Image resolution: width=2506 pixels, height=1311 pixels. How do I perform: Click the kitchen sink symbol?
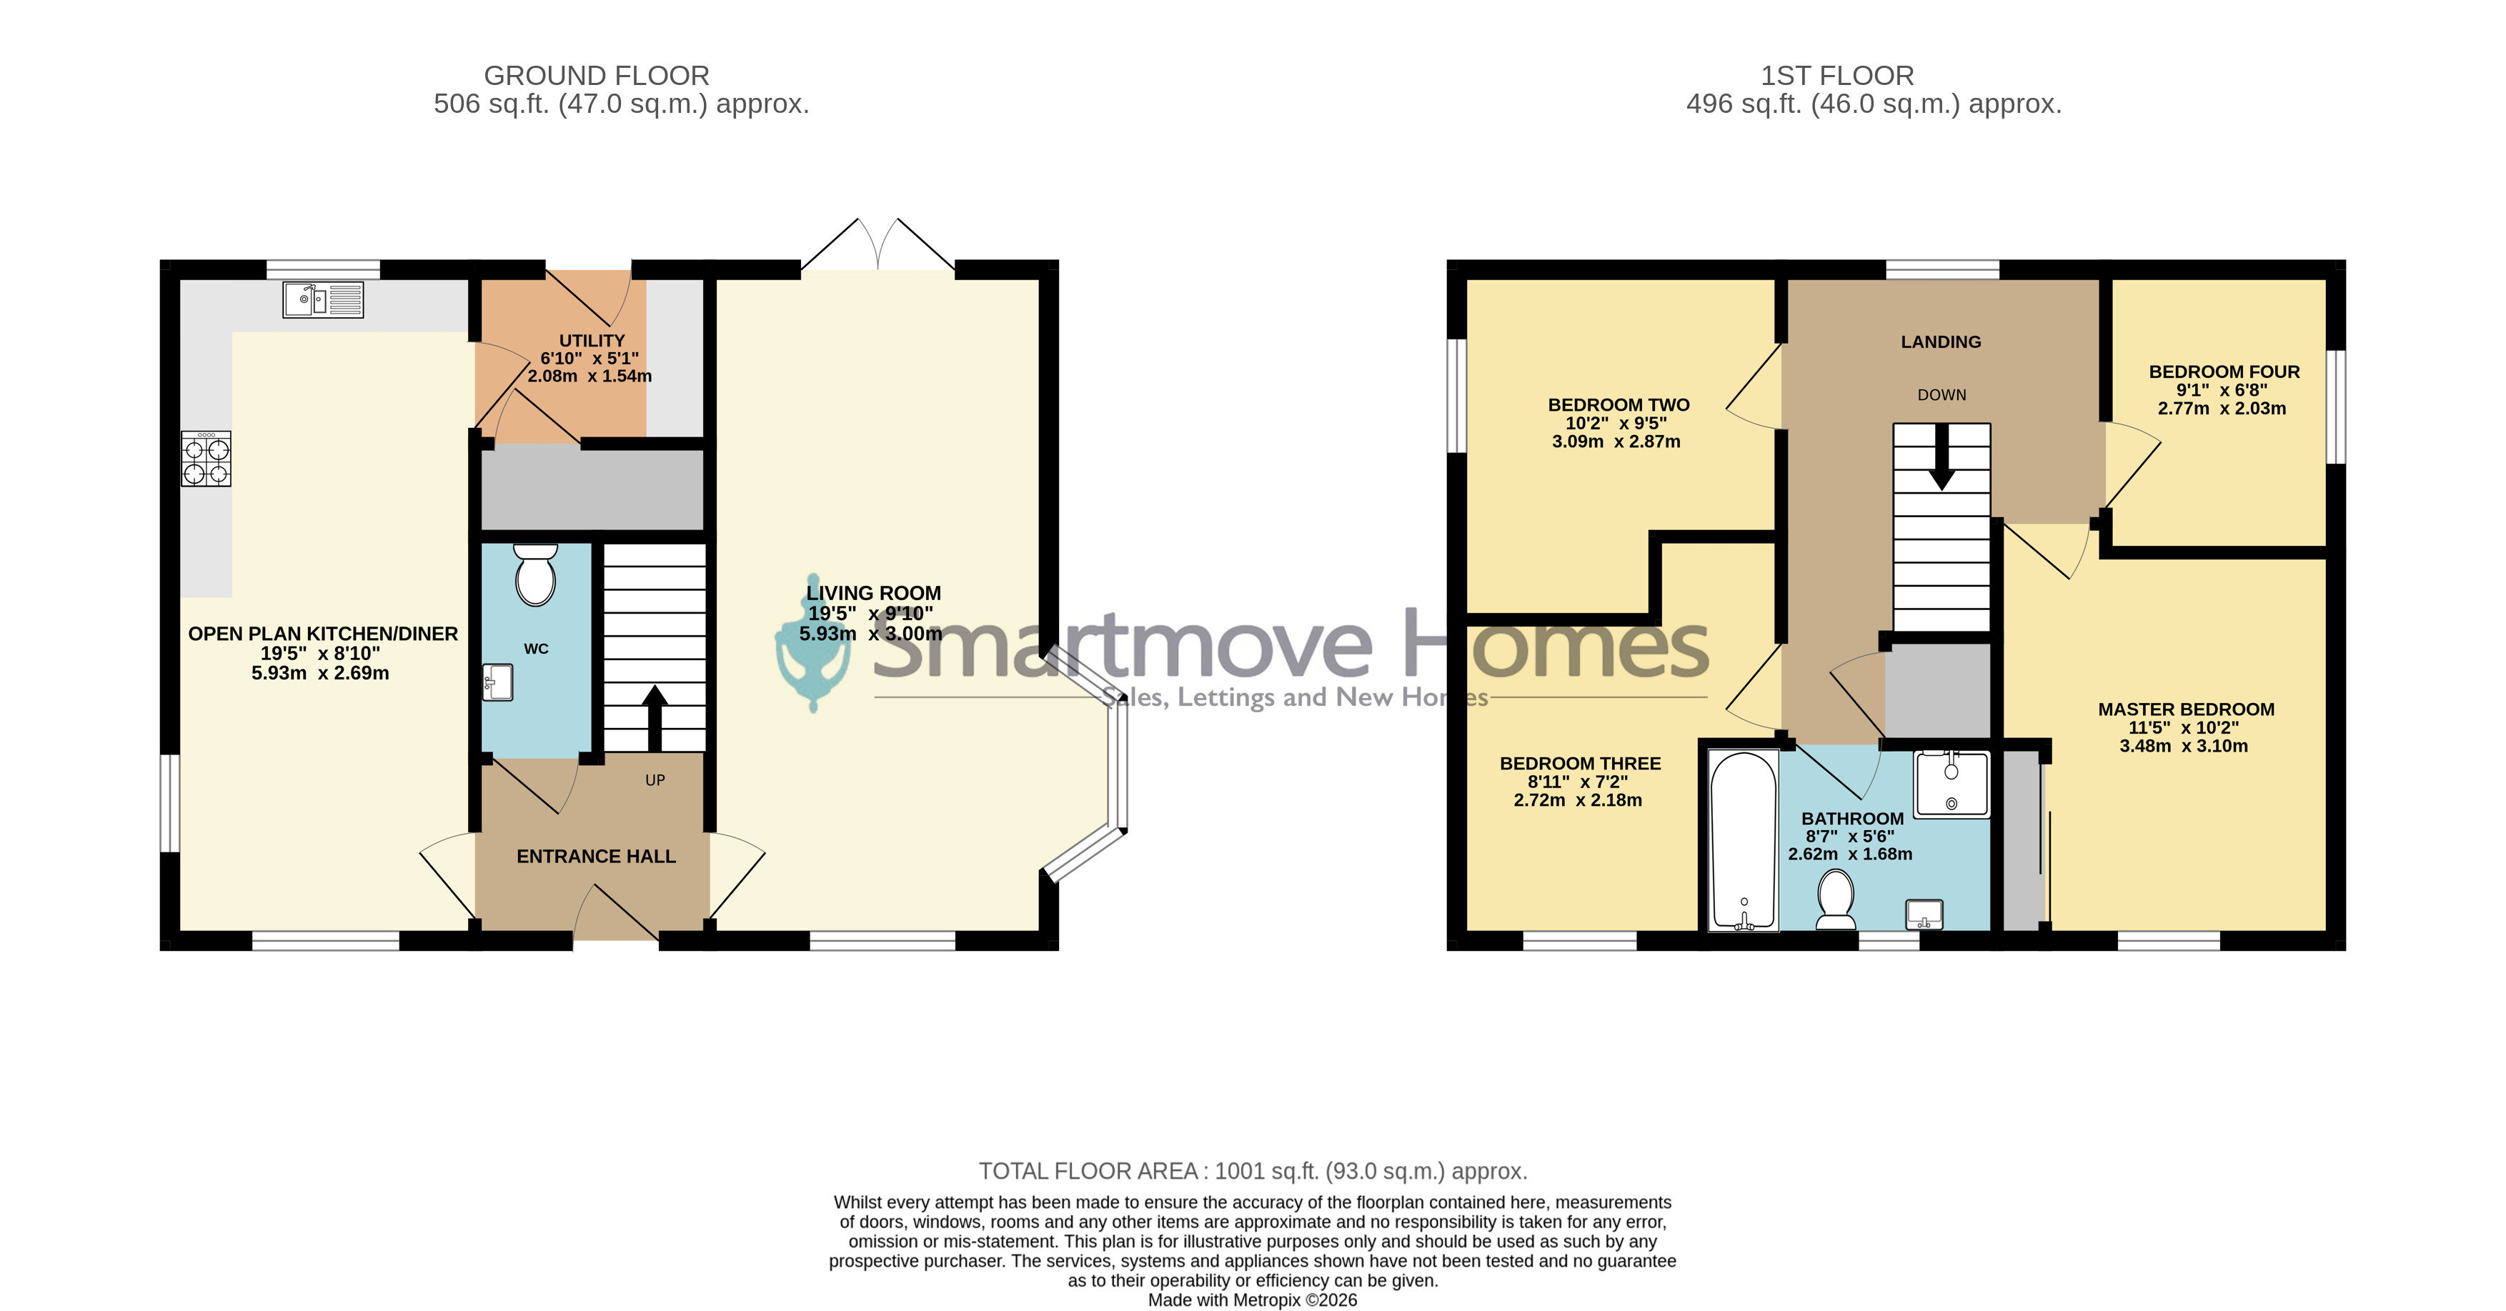click(x=323, y=299)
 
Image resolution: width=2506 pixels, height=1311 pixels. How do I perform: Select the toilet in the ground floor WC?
click(x=535, y=574)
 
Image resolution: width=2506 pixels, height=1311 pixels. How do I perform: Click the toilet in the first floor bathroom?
click(x=1836, y=899)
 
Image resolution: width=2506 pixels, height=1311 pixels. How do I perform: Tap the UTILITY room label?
click(x=592, y=340)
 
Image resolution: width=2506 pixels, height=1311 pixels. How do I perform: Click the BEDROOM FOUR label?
click(x=2224, y=372)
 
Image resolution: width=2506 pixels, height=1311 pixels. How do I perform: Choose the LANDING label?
click(x=1941, y=342)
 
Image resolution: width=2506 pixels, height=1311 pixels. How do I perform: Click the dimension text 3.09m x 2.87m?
click(x=1616, y=442)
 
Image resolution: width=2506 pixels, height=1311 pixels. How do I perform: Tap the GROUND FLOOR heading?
click(x=597, y=76)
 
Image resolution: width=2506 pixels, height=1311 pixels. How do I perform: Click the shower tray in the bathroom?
click(x=1951, y=784)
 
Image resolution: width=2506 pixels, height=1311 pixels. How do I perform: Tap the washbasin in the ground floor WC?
click(x=497, y=682)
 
